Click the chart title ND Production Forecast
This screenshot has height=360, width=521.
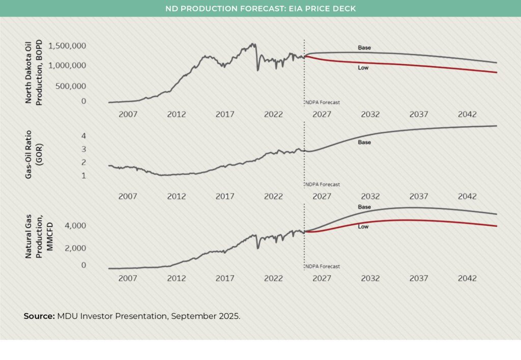(x=260, y=8)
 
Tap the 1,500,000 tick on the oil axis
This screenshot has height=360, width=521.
(x=67, y=46)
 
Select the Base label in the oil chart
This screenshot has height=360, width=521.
(x=364, y=48)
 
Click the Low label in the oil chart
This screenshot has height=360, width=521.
(x=363, y=68)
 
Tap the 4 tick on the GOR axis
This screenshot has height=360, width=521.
(x=83, y=136)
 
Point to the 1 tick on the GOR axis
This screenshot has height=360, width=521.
(x=83, y=176)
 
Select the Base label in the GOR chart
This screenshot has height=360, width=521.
(x=364, y=143)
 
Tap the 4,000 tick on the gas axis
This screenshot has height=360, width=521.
(x=76, y=226)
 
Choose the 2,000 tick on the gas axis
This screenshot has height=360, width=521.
(x=76, y=248)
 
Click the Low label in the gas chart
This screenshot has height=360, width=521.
(x=363, y=227)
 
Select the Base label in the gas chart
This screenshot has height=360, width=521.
(x=364, y=207)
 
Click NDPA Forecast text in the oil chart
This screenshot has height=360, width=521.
(x=323, y=102)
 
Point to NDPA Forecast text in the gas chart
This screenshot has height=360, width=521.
(x=323, y=266)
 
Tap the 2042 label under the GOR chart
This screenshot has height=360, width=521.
(x=467, y=197)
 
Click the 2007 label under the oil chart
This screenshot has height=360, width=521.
(x=128, y=115)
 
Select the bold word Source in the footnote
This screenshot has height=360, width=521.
(x=39, y=316)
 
